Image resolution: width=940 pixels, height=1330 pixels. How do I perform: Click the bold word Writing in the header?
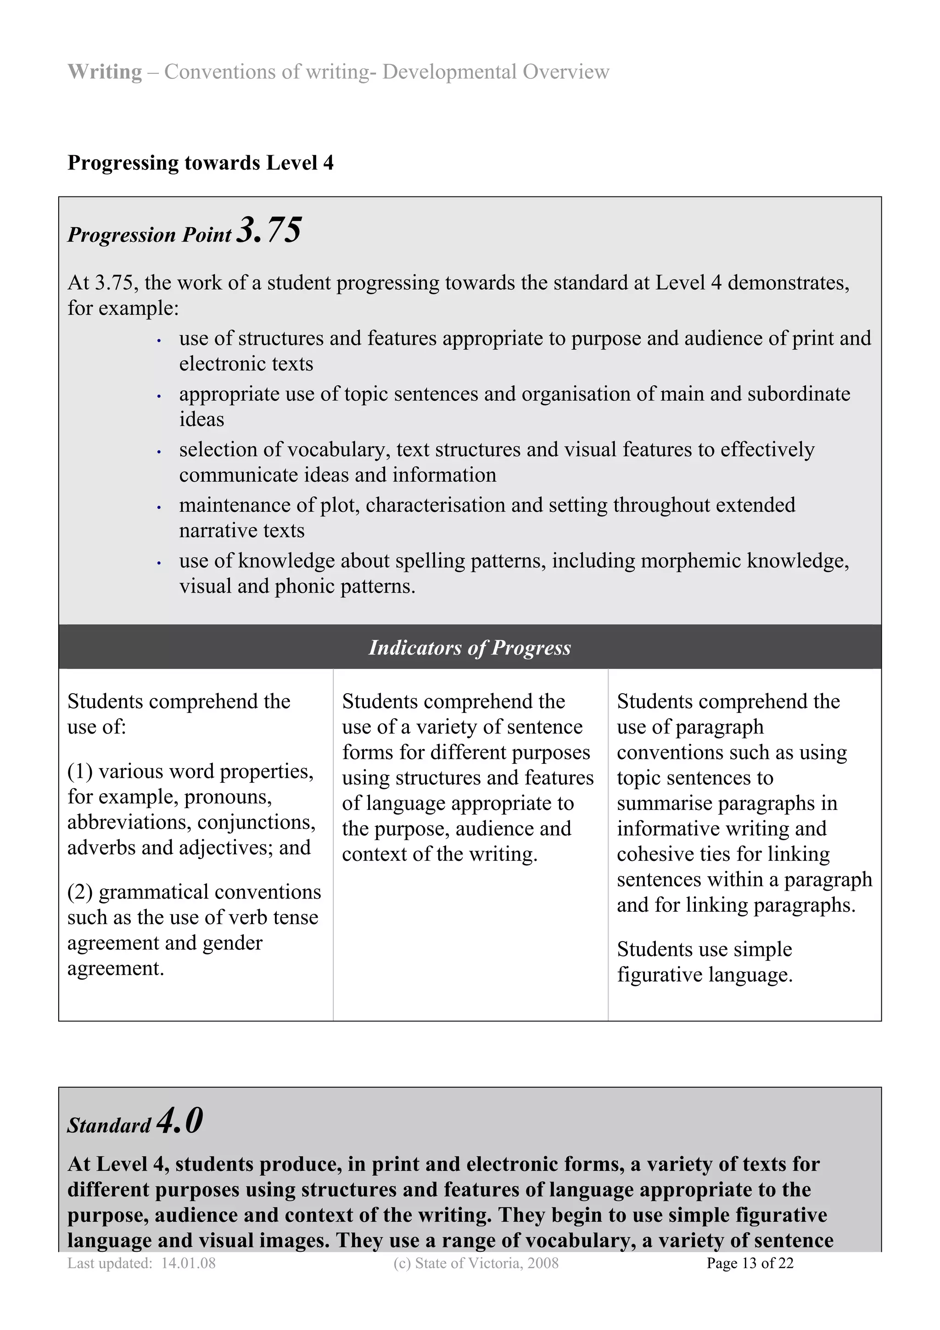[x=104, y=72]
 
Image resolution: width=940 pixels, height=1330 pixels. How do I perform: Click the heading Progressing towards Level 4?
[x=201, y=163]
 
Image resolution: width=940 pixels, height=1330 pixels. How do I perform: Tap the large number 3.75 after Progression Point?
[x=270, y=230]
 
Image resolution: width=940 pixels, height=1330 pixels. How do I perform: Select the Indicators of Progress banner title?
[x=470, y=648]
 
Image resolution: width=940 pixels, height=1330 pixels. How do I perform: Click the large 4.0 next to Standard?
[x=179, y=1120]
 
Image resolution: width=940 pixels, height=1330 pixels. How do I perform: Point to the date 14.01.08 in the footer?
[x=188, y=1263]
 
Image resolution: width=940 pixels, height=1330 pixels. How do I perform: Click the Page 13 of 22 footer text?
[x=750, y=1263]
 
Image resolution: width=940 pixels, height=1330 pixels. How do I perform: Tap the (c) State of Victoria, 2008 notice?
[x=476, y=1263]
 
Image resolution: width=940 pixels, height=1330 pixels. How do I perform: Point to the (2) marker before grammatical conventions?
[x=80, y=892]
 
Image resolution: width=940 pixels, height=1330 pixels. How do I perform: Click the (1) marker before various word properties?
[x=80, y=772]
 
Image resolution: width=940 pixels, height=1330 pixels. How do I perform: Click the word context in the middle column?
[x=375, y=854]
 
